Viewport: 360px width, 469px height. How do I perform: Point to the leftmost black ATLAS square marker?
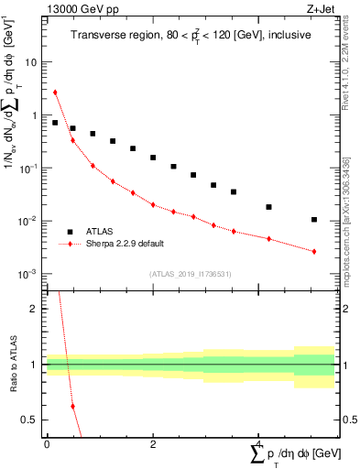(x=55, y=123)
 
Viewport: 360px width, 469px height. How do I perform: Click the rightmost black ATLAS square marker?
(x=314, y=220)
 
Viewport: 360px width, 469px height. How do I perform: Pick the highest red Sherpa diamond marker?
(x=55, y=92)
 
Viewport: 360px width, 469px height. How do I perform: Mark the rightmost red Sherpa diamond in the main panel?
(x=314, y=251)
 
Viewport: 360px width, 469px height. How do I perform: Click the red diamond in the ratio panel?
(x=72, y=406)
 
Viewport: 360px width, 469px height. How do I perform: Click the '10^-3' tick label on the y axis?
(x=27, y=275)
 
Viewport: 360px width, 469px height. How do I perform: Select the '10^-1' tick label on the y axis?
(x=27, y=169)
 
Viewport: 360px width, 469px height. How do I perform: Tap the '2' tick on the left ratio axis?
(x=34, y=309)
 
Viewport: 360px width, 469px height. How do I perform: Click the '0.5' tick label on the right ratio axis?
(x=350, y=420)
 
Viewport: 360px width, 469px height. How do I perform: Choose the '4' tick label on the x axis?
(x=258, y=445)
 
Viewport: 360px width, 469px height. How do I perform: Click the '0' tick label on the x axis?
(x=47, y=445)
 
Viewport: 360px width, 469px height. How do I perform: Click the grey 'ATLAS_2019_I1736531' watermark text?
(x=191, y=274)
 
